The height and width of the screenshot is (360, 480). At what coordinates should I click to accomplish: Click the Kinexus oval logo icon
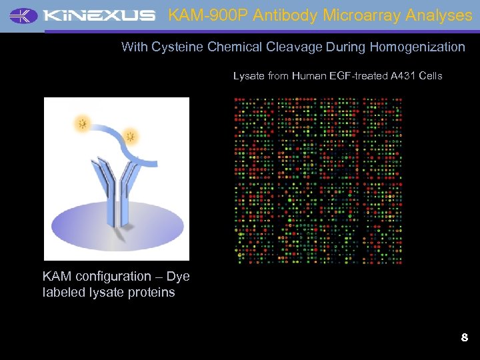(x=24, y=15)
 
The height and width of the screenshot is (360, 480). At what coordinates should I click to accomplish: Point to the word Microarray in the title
(x=353, y=15)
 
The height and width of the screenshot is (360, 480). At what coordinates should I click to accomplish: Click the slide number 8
(x=464, y=338)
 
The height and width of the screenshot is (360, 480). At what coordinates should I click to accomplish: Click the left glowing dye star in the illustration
(x=83, y=123)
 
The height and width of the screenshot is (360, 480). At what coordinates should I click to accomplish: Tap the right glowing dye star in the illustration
(x=131, y=137)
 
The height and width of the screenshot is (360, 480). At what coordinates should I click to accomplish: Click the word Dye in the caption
(x=178, y=277)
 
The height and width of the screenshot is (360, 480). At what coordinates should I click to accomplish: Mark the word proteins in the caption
(x=153, y=293)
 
